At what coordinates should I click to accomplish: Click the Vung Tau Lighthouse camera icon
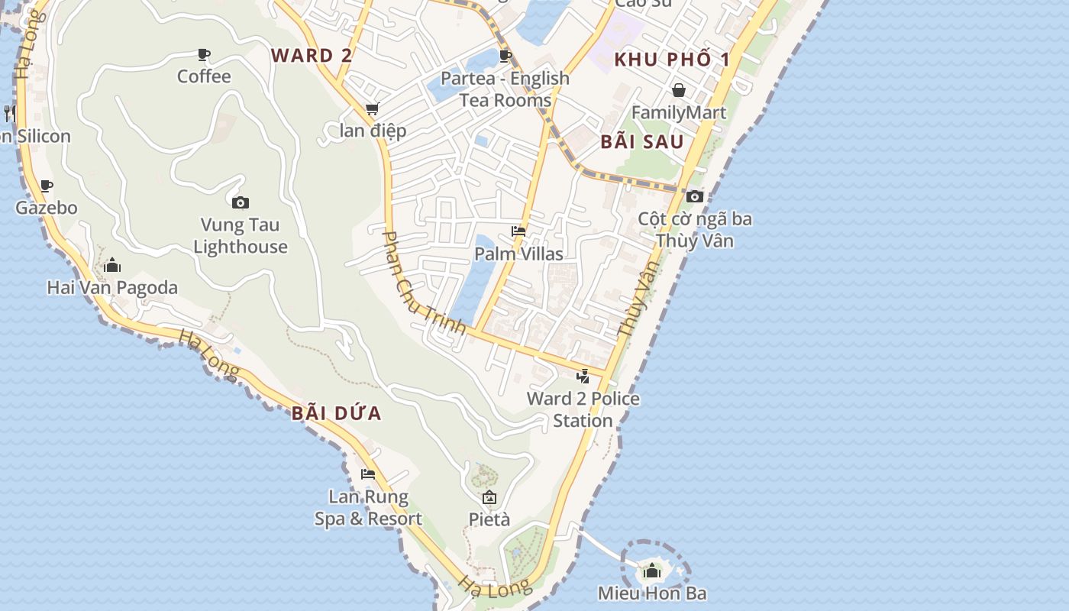pos(241,202)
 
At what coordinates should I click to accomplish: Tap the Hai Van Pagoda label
pos(112,288)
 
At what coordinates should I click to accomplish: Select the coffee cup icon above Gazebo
pos(47,186)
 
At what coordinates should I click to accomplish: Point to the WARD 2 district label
pos(312,55)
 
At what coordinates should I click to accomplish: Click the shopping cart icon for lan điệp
pos(373,109)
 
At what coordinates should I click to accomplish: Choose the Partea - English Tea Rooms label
pos(505,89)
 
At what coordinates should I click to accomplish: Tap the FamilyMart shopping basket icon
pos(678,90)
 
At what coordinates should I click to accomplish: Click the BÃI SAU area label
pos(641,141)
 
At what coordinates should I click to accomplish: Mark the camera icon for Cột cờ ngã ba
pos(694,196)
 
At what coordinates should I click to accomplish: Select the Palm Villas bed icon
pos(518,231)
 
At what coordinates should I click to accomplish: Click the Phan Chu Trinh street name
pos(424,283)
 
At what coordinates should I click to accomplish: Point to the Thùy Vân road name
pos(638,299)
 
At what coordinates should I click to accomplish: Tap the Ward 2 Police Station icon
pos(583,376)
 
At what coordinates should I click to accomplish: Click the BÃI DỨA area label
pos(336,413)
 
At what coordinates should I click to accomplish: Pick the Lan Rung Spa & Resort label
pos(368,508)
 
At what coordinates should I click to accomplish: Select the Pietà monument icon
pos(489,498)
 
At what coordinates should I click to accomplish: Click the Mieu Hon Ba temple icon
pos(652,571)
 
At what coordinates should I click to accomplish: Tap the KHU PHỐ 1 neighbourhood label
pos(672,60)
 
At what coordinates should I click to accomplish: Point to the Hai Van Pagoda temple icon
pos(112,265)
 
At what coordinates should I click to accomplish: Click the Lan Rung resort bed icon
pos(368,474)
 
